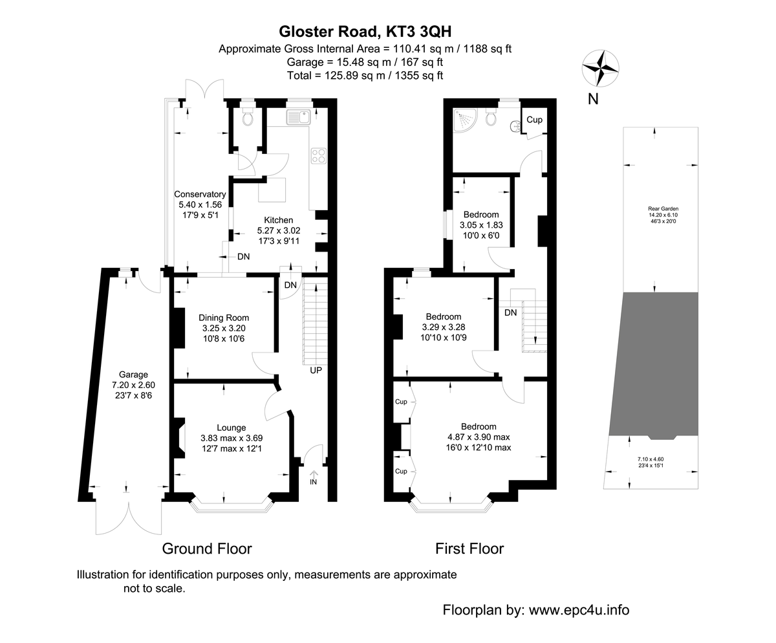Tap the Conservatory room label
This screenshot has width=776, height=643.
click(x=200, y=194)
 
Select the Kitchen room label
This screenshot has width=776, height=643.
click(x=278, y=220)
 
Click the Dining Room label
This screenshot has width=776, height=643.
click(x=224, y=318)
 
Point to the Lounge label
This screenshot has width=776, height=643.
click(x=231, y=428)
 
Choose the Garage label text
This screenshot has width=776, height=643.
click(x=133, y=375)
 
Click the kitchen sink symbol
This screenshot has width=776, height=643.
click(x=299, y=117)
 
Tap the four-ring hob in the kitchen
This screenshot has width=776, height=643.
click(x=318, y=156)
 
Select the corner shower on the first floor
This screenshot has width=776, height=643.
click(x=465, y=119)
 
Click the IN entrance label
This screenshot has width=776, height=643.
click(x=314, y=482)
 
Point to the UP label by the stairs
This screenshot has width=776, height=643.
click(x=316, y=371)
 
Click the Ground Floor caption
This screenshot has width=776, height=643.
click(x=206, y=549)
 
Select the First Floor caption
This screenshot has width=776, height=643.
click(x=469, y=549)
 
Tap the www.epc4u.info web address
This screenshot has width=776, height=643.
click(x=579, y=609)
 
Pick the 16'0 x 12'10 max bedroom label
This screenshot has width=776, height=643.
click(x=479, y=447)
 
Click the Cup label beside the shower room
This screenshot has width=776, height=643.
click(x=533, y=120)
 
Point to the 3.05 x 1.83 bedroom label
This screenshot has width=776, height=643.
click(x=481, y=225)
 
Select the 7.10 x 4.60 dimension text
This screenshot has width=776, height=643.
click(x=652, y=459)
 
